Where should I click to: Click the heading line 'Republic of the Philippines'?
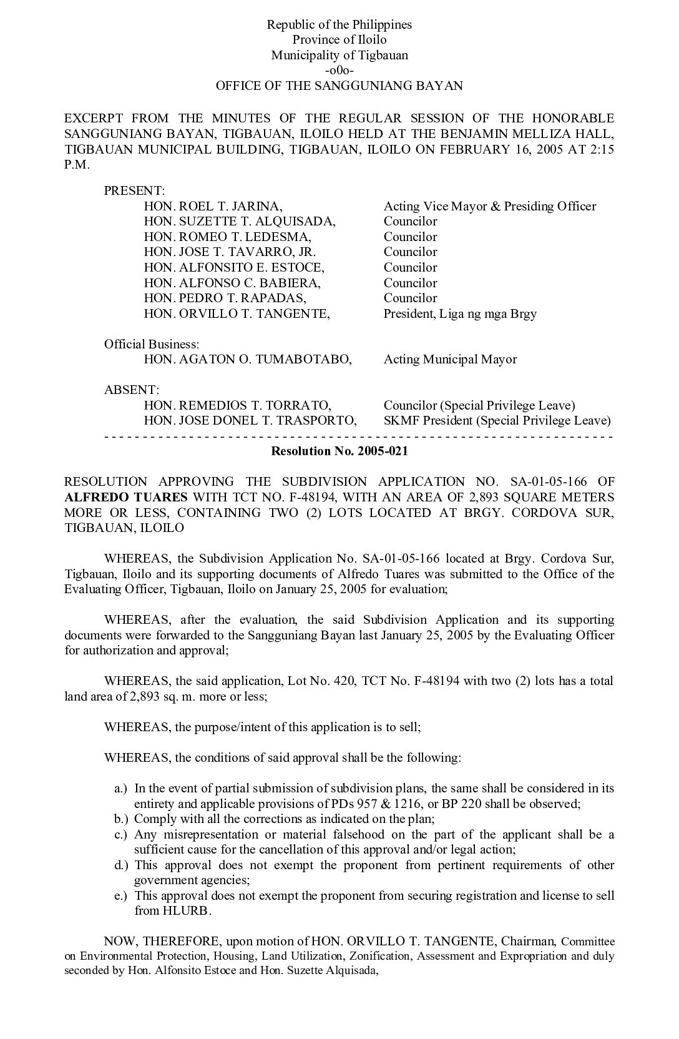(x=339, y=25)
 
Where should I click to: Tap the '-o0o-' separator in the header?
(x=339, y=71)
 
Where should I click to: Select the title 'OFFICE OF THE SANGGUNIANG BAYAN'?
(x=339, y=86)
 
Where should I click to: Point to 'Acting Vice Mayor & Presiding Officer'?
(x=489, y=206)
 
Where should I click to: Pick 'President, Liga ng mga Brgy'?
(x=460, y=313)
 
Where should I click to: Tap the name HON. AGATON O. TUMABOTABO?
(x=248, y=360)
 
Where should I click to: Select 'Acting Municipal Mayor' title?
(x=450, y=360)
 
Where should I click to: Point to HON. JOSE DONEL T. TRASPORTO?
(x=250, y=421)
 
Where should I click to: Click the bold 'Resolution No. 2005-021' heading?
(x=339, y=451)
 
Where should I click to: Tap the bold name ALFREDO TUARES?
(x=125, y=498)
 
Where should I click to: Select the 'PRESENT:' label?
(x=134, y=191)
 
